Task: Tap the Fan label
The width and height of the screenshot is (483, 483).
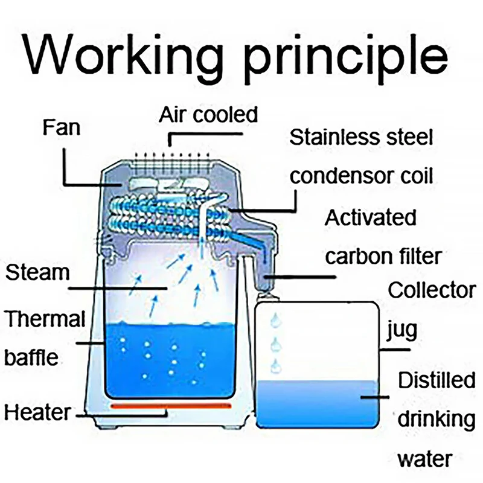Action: [x=62, y=128]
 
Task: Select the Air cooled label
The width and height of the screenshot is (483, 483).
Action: [x=208, y=115]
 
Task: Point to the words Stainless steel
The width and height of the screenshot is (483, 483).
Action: [x=361, y=138]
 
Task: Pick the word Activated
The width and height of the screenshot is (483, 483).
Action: [x=370, y=217]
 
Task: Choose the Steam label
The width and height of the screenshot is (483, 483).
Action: [x=37, y=272]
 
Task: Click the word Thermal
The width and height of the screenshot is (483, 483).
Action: [x=45, y=319]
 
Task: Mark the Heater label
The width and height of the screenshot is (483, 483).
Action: [x=37, y=413]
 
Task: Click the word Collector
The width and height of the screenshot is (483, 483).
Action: [x=431, y=290]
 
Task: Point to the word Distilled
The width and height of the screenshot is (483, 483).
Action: [x=437, y=381]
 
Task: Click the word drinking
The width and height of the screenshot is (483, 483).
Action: [x=436, y=420]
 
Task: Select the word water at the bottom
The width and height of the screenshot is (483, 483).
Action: [x=424, y=458]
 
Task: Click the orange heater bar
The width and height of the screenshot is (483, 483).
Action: [x=170, y=405]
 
